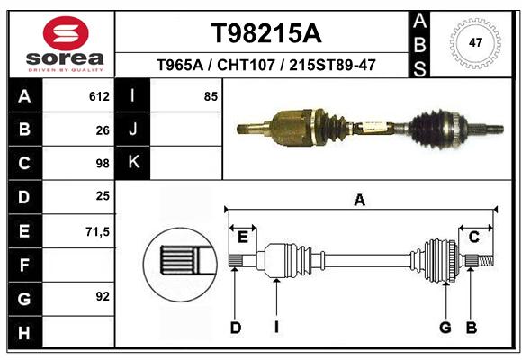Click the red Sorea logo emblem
66,33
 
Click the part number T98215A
266,33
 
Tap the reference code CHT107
246,65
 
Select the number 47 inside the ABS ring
475,42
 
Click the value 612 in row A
99,96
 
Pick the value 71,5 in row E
97,232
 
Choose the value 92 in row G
103,296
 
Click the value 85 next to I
211,96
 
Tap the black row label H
25,332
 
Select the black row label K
132,163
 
